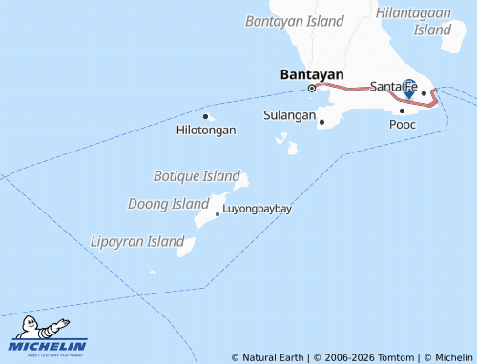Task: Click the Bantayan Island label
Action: click(x=294, y=20)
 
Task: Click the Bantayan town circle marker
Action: click(x=311, y=89)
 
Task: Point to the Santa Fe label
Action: click(x=389, y=86)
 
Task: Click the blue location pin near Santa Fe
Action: click(x=408, y=88)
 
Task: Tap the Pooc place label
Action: click(x=403, y=124)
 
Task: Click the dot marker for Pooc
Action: click(x=402, y=111)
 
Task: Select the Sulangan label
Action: click(x=289, y=115)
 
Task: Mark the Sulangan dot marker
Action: click(x=321, y=121)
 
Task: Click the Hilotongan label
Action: click(x=206, y=130)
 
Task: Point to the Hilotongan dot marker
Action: click(x=205, y=116)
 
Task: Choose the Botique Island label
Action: click(x=197, y=176)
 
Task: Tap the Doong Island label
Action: click(x=168, y=204)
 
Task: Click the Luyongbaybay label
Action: click(x=257, y=208)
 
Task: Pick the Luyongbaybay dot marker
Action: click(x=218, y=213)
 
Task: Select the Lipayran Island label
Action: click(x=136, y=241)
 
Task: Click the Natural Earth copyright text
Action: click(x=267, y=357)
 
